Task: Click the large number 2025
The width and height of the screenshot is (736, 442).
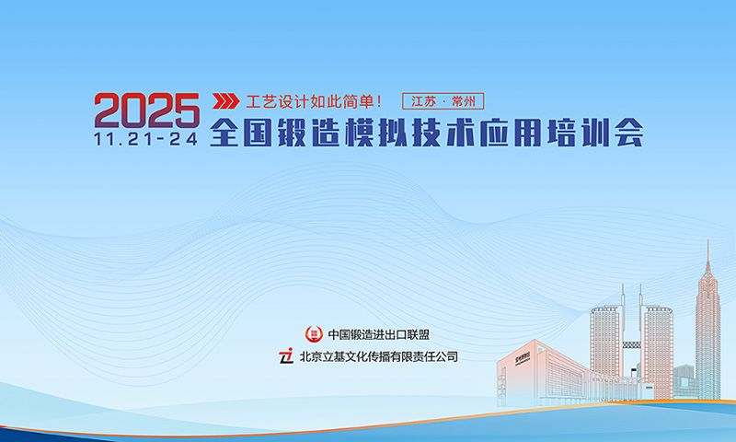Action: tap(146, 111)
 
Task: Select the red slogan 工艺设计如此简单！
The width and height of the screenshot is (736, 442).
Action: tap(314, 100)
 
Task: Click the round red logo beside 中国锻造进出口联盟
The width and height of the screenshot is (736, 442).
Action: tap(315, 333)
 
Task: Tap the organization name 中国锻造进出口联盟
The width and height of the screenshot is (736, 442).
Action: tap(379, 333)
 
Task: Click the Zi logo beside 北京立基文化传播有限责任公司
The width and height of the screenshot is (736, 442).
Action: tap(286, 355)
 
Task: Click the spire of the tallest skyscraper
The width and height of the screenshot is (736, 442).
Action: tap(707, 253)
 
